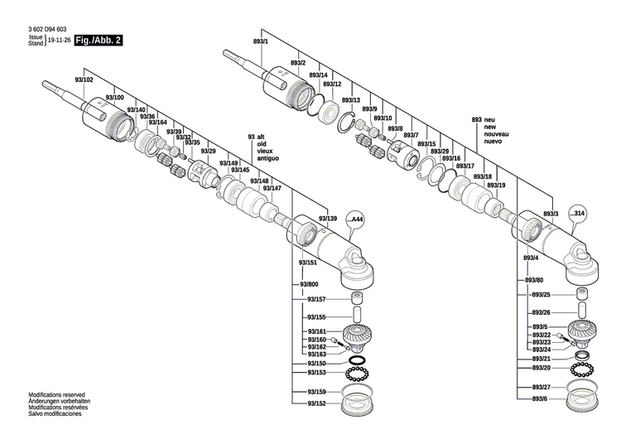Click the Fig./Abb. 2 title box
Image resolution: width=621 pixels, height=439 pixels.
click(98, 40)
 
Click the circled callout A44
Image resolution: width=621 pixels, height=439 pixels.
click(357, 219)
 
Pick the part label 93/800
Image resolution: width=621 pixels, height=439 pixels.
click(307, 284)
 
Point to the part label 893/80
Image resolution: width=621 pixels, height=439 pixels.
click(534, 280)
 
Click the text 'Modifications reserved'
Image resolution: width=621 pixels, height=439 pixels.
click(56, 395)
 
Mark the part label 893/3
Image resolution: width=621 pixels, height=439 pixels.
click(551, 214)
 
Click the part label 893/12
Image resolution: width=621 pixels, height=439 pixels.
click(332, 84)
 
